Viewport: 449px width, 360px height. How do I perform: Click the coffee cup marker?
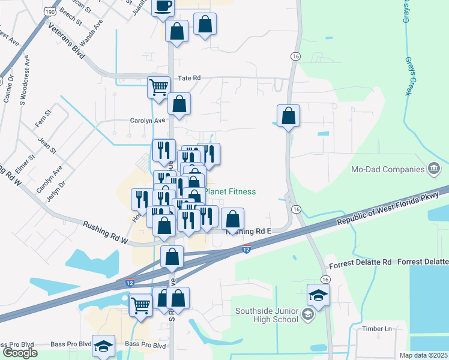(163, 7)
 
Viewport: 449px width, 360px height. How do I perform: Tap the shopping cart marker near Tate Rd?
(158, 87)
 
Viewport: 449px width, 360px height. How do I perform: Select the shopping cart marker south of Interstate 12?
(140, 304)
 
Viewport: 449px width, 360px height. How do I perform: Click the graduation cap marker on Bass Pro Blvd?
(104, 346)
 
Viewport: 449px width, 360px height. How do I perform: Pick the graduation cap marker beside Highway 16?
(318, 295)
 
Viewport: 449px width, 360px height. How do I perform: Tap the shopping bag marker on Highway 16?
(289, 115)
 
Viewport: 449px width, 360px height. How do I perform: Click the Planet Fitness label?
(231, 191)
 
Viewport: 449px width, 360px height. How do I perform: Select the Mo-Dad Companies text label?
(388, 169)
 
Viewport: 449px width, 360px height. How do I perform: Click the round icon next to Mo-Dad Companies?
(433, 169)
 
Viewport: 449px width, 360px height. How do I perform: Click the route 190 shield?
(50, 11)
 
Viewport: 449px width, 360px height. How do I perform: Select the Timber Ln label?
(376, 329)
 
